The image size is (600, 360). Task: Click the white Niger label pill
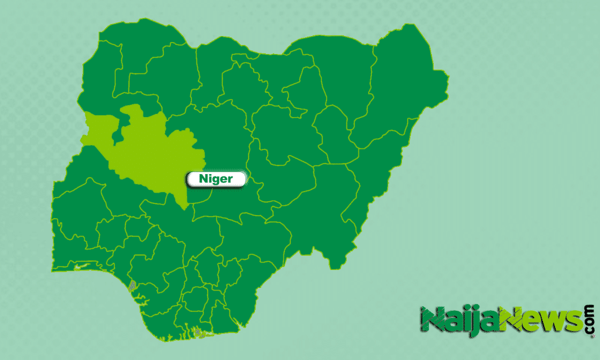pyautogui.click(x=216, y=178)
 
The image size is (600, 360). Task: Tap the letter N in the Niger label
pyautogui.click(x=202, y=178)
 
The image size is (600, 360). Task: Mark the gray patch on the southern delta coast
pyautogui.click(x=197, y=331)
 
